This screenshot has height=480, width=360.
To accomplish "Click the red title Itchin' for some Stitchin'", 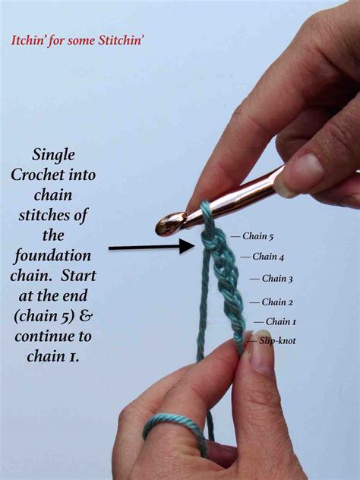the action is click(x=77, y=40).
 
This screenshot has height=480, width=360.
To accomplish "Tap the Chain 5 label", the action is click(x=257, y=236).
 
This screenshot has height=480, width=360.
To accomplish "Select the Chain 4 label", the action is click(x=268, y=257).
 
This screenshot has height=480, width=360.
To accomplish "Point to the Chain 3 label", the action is click(x=277, y=279).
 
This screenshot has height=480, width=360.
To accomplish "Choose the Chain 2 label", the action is click(x=277, y=302).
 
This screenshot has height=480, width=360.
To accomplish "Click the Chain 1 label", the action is click(x=281, y=321).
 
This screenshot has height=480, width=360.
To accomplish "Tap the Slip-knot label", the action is click(x=277, y=341).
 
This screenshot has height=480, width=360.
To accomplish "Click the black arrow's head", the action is click(x=187, y=246).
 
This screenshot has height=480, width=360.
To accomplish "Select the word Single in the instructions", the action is click(x=54, y=155).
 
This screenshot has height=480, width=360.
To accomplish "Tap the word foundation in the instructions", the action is click(x=53, y=256).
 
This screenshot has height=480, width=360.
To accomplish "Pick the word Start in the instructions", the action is click(x=78, y=276).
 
